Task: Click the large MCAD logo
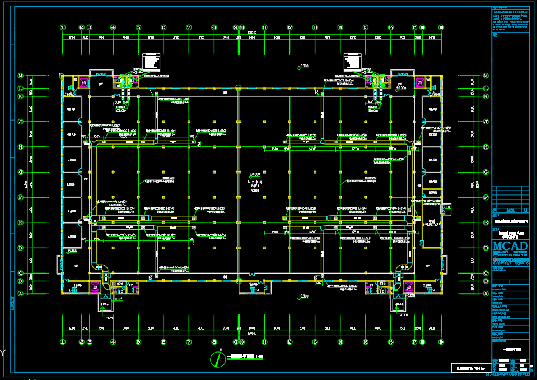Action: click(x=510, y=247)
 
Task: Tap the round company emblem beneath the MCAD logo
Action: click(x=494, y=260)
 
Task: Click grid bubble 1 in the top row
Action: click(x=63, y=27)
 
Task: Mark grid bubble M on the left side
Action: click(x=20, y=76)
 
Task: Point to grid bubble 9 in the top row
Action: click(x=236, y=27)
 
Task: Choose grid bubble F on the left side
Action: click(x=20, y=197)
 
